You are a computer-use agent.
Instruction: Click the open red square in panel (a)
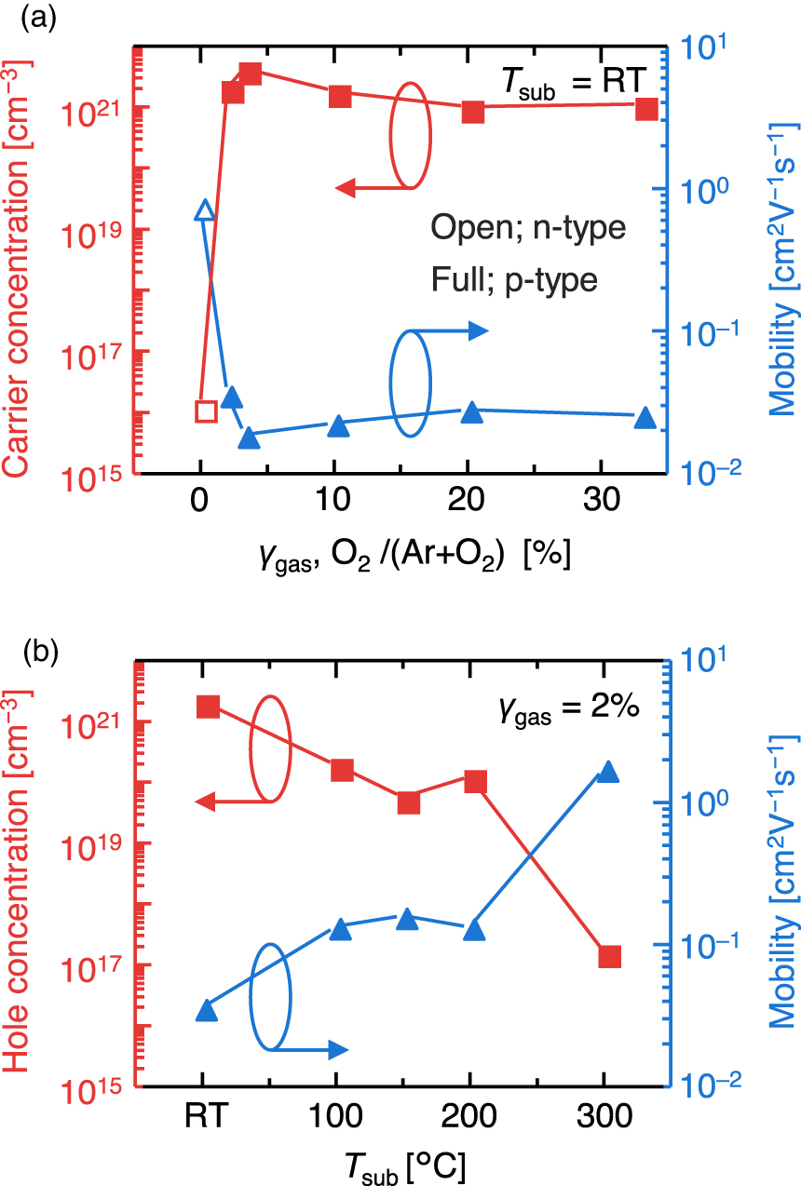click(x=206, y=411)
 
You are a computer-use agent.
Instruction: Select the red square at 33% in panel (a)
click(x=646, y=109)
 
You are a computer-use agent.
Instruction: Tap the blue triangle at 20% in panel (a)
click(x=472, y=412)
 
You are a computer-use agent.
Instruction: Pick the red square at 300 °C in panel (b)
click(x=609, y=956)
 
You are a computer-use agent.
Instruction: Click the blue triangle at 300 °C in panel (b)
click(x=607, y=772)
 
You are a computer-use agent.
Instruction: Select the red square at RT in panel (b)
click(x=208, y=707)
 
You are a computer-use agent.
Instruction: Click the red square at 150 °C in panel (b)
click(x=408, y=802)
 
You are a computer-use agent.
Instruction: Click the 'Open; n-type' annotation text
click(x=528, y=228)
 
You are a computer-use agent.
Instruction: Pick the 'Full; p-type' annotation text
click(x=513, y=279)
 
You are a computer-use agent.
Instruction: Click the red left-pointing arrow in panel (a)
click(x=373, y=188)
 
